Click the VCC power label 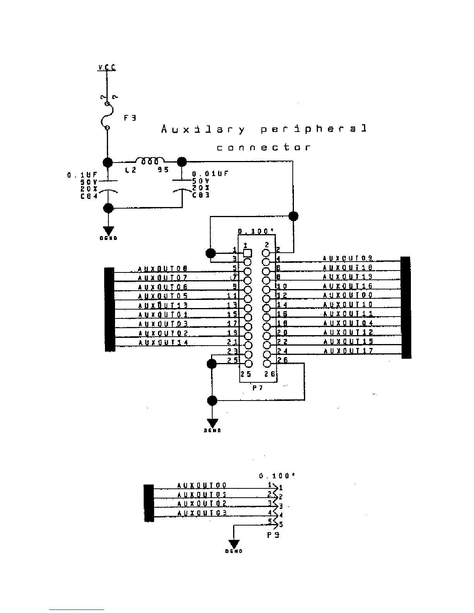click(107, 68)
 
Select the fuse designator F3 click(130, 118)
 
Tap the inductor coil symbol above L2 click(149, 161)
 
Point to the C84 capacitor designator click(89, 196)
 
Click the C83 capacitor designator click(201, 195)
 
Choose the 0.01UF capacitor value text click(210, 174)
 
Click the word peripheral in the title click(313, 129)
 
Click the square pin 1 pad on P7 click(248, 253)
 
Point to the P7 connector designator click(258, 387)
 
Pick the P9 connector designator click(273, 535)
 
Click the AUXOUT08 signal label click(163, 269)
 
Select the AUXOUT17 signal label click(348, 351)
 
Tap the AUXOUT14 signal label click(163, 342)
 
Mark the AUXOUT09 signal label click(348, 258)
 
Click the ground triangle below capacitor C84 click(108, 231)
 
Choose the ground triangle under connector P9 click(234, 544)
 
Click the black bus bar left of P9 click(149, 503)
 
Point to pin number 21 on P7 click(232, 342)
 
